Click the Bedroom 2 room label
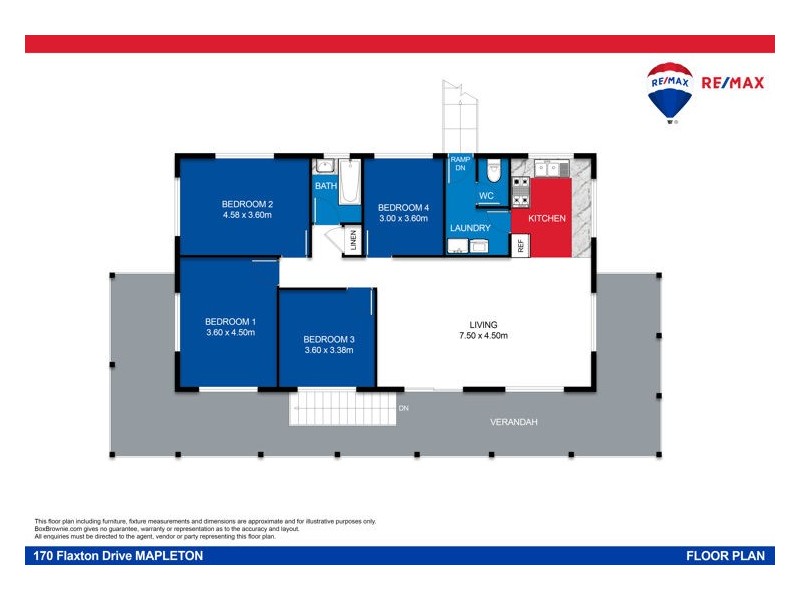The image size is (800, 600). click(248, 203)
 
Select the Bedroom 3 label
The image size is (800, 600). click(329, 339)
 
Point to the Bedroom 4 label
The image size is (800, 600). click(403, 207)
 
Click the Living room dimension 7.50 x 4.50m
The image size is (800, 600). click(483, 336)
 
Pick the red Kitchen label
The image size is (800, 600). click(547, 218)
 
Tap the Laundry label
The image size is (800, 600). click(470, 228)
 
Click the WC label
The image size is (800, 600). click(487, 195)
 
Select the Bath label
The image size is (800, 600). click(326, 186)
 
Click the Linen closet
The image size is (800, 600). click(353, 241)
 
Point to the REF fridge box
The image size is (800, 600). click(520, 244)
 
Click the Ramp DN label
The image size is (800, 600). click(460, 163)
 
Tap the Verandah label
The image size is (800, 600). click(514, 422)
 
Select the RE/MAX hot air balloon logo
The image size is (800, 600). click(670, 92)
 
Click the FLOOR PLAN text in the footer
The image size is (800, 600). click(727, 556)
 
